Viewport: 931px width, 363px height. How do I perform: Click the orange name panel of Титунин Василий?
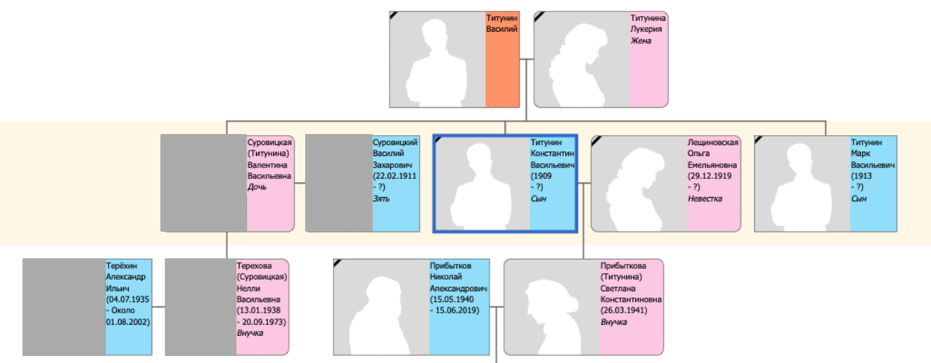(502, 60)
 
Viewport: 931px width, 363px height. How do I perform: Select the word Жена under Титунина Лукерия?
(641, 40)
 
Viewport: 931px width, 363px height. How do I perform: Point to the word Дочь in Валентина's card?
(257, 187)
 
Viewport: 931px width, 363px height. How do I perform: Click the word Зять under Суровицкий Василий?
(381, 199)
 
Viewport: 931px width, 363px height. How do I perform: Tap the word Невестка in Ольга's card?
(705, 199)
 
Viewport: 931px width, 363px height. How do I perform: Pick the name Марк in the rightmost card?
(860, 154)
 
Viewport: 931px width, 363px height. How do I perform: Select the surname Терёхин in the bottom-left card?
(121, 266)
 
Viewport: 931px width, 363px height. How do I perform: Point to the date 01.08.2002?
(127, 322)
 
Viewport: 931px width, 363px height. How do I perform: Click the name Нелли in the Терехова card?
(248, 289)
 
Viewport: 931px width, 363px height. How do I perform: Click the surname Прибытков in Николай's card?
(451, 266)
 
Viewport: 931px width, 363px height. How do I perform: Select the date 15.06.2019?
(457, 310)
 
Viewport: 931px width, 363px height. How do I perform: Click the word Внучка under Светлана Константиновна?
(614, 322)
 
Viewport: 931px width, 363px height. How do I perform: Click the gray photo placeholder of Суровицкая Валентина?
(203, 183)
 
